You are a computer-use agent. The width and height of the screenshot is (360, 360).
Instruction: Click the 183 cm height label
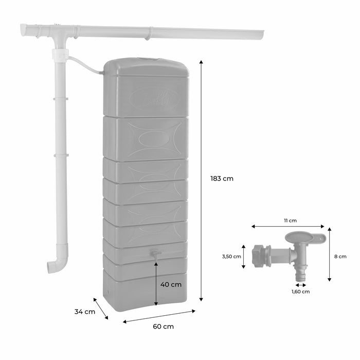click(x=222, y=179)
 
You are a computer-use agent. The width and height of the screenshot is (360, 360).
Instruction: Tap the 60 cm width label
click(x=163, y=327)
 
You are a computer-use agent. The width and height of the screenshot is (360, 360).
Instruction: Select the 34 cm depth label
click(x=85, y=312)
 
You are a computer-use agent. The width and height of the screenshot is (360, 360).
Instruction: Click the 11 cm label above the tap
click(x=290, y=220)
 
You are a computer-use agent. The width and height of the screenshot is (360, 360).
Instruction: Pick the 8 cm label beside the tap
click(x=341, y=256)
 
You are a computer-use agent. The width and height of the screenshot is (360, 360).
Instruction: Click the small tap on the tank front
click(x=155, y=253)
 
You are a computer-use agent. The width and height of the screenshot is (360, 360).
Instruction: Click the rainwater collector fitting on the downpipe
click(x=60, y=54)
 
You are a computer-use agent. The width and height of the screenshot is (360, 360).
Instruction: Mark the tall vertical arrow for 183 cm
click(x=201, y=180)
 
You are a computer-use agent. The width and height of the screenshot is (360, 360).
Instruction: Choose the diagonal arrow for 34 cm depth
click(x=101, y=308)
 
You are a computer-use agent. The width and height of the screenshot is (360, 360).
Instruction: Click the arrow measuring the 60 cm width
click(x=159, y=316)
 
